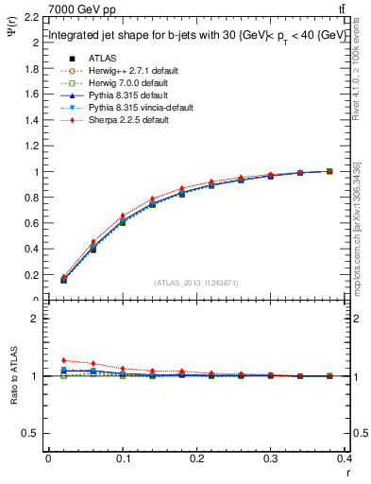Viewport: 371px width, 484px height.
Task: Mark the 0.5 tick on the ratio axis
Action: pos(31,433)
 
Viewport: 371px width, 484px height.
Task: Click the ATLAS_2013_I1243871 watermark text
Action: pos(196,283)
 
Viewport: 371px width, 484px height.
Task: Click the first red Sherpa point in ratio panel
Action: pos(64,360)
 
